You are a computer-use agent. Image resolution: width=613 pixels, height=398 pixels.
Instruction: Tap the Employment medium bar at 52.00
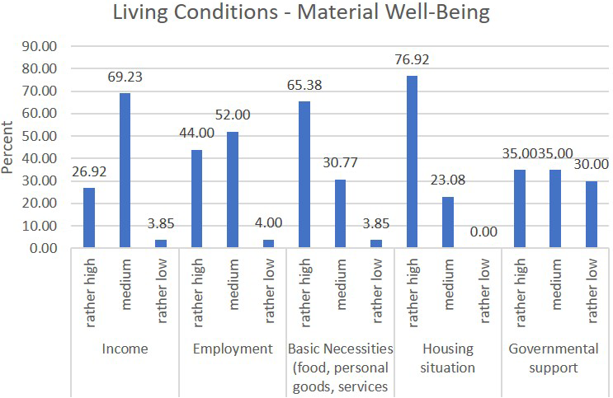click(x=233, y=190)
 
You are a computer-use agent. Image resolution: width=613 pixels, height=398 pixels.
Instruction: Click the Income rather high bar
click(x=89, y=218)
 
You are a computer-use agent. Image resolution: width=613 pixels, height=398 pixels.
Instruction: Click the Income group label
click(x=125, y=349)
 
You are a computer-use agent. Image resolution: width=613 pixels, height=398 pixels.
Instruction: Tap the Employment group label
click(x=233, y=349)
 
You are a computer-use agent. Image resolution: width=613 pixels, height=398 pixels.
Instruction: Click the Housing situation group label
click(x=448, y=358)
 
